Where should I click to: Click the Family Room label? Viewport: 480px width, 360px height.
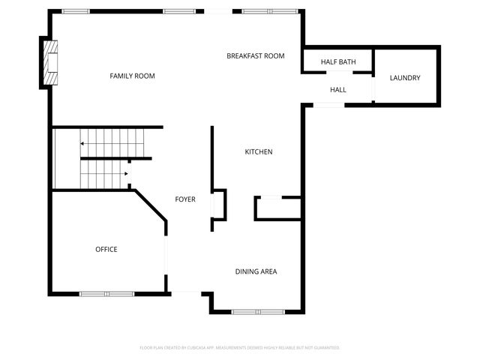coord(137,76)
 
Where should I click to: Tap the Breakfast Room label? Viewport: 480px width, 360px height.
coord(256,55)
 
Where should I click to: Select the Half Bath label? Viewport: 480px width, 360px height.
coord(337,61)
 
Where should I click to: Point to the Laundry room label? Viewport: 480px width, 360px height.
coord(405,78)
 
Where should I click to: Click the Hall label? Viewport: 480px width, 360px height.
coord(338,90)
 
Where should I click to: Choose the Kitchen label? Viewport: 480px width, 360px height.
coord(259,152)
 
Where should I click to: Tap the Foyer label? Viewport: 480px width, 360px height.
coord(185,199)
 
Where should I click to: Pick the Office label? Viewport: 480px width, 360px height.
coord(106,249)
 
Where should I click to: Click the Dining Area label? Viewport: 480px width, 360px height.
coord(256,271)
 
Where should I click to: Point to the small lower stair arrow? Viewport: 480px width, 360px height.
coord(126,173)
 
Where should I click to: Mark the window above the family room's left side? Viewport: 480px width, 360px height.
coord(75,11)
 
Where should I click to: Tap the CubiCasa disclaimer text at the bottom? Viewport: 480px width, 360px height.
coord(240,348)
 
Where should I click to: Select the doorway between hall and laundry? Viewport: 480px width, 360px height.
coord(373,88)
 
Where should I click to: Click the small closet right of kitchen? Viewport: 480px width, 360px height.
coord(279,208)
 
